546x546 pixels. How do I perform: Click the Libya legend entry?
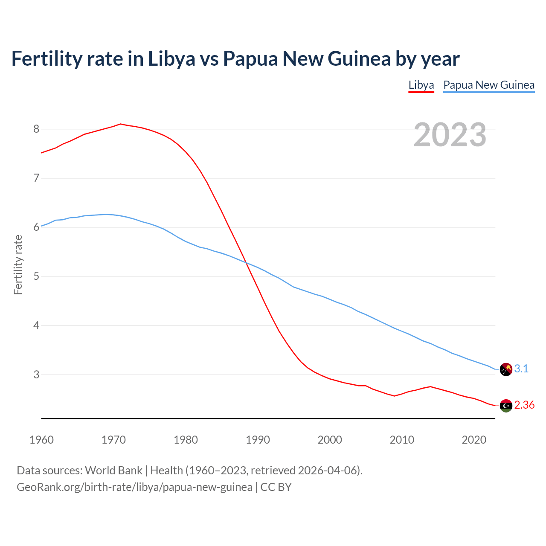(421, 85)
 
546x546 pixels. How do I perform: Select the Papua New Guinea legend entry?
(489, 85)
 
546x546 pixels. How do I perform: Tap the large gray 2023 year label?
(450, 135)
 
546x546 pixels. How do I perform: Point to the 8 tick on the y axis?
(36, 129)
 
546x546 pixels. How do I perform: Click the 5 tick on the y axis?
(36, 276)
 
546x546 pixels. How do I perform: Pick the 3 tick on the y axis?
(36, 375)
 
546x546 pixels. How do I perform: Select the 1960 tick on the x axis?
(41, 440)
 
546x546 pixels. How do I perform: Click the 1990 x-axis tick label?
(258, 440)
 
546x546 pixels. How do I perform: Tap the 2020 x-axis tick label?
(474, 440)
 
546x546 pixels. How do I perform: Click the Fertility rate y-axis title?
(18, 264)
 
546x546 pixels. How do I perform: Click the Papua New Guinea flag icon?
(506, 369)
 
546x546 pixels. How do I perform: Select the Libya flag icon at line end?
(506, 406)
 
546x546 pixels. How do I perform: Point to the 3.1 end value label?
(521, 369)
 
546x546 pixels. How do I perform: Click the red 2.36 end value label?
(524, 405)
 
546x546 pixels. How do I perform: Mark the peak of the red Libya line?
(120, 124)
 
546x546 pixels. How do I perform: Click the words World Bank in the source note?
(113, 470)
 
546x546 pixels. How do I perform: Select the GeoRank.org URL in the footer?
(134, 487)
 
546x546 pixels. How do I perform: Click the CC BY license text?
(276, 487)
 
